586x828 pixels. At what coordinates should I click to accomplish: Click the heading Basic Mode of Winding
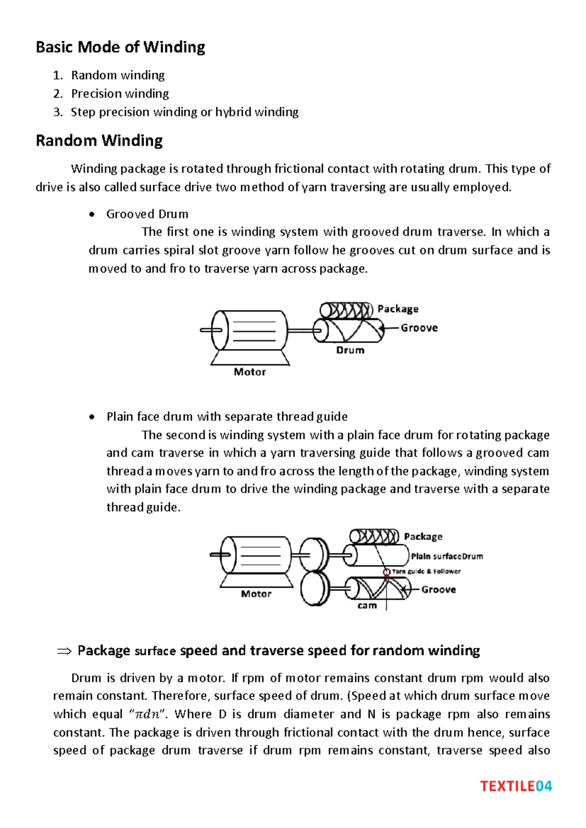pos(120,47)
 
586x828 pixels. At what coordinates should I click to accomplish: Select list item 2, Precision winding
pos(120,93)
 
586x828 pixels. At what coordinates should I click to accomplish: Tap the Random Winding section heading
pos(99,141)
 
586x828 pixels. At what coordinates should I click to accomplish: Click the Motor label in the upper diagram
pos(250,372)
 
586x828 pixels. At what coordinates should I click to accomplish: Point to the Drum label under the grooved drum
pos(350,350)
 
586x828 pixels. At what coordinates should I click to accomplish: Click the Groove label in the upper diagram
pos(419,328)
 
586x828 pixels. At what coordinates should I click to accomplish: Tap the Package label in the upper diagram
pos(398,309)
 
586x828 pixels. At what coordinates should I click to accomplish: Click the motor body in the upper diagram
pos(254,331)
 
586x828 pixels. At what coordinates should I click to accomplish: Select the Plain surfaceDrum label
pos(446,556)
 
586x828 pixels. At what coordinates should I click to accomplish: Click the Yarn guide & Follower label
pos(426,571)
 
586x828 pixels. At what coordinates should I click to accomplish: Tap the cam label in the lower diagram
pos(367,606)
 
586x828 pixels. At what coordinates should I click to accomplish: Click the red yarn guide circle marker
pos(386,572)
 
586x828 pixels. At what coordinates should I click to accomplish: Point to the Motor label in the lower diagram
pos(256,594)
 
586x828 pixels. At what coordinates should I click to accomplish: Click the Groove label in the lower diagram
pos(439,590)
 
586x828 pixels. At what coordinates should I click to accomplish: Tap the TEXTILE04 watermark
pos(516,786)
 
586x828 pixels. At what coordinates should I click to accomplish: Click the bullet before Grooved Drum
pos(92,214)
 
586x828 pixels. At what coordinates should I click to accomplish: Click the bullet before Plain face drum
pos(92,417)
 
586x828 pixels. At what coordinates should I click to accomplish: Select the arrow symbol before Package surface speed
pos(64,651)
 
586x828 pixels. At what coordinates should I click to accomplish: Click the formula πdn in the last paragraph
pos(147,714)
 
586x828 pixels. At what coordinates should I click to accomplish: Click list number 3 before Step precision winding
pos(58,112)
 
